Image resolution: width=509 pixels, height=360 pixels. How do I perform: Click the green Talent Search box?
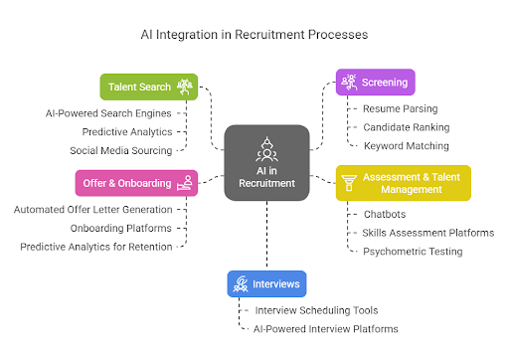point(149,87)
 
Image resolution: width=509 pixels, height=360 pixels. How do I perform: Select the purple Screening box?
point(376,83)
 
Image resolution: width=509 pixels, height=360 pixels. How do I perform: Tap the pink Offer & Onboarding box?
point(136,183)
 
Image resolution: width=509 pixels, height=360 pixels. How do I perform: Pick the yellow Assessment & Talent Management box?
point(404,183)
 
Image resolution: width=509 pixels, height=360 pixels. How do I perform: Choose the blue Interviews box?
point(266,283)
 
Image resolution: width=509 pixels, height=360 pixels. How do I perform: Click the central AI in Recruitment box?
point(266,163)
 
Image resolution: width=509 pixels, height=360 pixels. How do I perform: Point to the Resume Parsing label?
point(401,108)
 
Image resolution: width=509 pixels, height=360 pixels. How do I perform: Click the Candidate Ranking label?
point(407,127)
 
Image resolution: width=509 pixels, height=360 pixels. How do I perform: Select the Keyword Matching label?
point(407,146)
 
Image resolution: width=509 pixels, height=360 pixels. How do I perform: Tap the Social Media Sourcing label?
point(121,150)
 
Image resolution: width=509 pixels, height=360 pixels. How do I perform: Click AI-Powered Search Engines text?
point(108,113)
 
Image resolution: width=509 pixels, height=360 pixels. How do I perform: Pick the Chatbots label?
point(385,214)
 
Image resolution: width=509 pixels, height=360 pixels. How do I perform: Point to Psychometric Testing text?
point(413,252)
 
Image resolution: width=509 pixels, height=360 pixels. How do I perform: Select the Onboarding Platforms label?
point(121,228)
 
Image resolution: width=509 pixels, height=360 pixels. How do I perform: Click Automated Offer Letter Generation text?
point(93,210)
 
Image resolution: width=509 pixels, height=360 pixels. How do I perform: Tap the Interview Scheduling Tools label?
point(316,310)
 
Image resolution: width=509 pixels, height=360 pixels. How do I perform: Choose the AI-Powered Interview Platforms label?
point(326,329)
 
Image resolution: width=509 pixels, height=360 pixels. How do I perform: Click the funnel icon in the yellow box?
point(349,183)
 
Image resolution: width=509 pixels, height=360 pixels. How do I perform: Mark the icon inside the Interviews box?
point(241,283)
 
